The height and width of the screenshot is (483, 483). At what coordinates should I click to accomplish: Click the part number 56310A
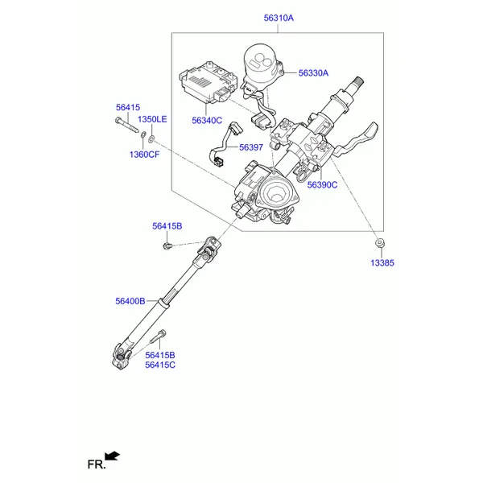click(x=279, y=19)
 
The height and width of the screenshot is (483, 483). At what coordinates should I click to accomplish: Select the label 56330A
click(x=313, y=73)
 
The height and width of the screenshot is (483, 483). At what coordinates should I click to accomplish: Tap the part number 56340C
click(x=207, y=121)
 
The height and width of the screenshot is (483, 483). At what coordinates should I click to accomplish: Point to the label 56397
click(x=251, y=147)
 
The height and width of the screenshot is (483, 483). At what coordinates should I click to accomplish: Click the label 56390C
click(x=322, y=185)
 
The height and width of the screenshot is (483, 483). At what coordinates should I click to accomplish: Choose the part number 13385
click(x=382, y=262)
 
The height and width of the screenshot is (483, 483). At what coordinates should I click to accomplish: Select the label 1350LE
click(x=152, y=119)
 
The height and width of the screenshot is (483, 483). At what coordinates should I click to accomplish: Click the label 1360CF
click(x=144, y=155)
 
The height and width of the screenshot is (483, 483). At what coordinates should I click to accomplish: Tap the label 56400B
click(x=130, y=301)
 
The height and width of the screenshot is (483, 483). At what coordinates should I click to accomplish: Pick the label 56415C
click(x=160, y=365)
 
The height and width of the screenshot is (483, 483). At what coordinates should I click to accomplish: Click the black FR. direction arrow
click(x=112, y=456)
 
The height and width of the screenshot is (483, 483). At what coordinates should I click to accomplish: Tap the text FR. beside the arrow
click(x=97, y=464)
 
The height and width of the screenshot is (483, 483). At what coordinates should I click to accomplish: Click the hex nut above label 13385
click(x=379, y=243)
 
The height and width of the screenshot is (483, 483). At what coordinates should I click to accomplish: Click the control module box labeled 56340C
click(x=208, y=81)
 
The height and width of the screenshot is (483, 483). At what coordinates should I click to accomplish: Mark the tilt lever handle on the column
click(x=357, y=138)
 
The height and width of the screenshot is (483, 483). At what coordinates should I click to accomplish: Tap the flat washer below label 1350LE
click(x=151, y=138)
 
